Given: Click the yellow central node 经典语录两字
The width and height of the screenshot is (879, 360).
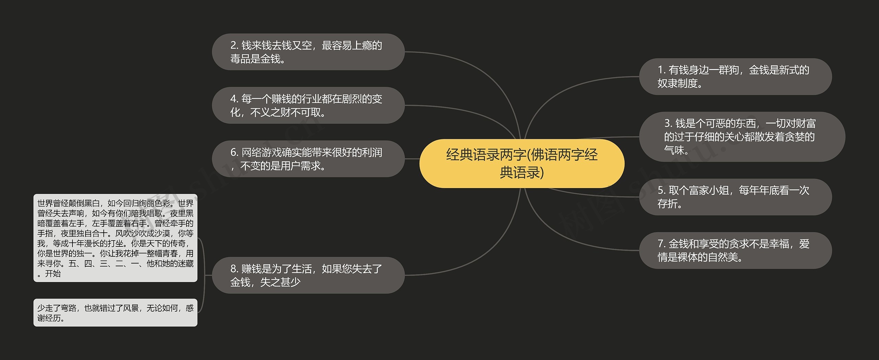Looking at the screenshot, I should (522, 163).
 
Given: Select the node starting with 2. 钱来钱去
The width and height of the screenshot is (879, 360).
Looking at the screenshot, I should (308, 52).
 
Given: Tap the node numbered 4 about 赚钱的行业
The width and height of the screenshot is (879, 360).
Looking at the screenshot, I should (308, 105).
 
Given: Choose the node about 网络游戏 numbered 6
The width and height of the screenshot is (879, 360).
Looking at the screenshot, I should (308, 159).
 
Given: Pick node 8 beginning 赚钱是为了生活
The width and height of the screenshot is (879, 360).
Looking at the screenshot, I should (308, 275).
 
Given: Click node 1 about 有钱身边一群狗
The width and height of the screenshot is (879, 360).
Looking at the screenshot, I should (735, 77).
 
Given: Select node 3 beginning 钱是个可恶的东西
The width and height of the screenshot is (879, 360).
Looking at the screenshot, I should (742, 137).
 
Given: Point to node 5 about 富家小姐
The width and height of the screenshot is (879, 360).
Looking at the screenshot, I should (735, 197).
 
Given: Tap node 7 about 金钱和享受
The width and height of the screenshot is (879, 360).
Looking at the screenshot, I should (735, 251).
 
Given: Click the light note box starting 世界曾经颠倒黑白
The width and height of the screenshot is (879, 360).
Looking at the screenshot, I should (115, 238).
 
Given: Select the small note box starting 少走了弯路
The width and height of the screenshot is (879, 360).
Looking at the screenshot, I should (115, 313).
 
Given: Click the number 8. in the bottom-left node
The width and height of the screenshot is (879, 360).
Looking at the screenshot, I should (235, 269).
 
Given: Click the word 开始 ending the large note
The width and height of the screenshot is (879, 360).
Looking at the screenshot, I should (53, 274).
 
